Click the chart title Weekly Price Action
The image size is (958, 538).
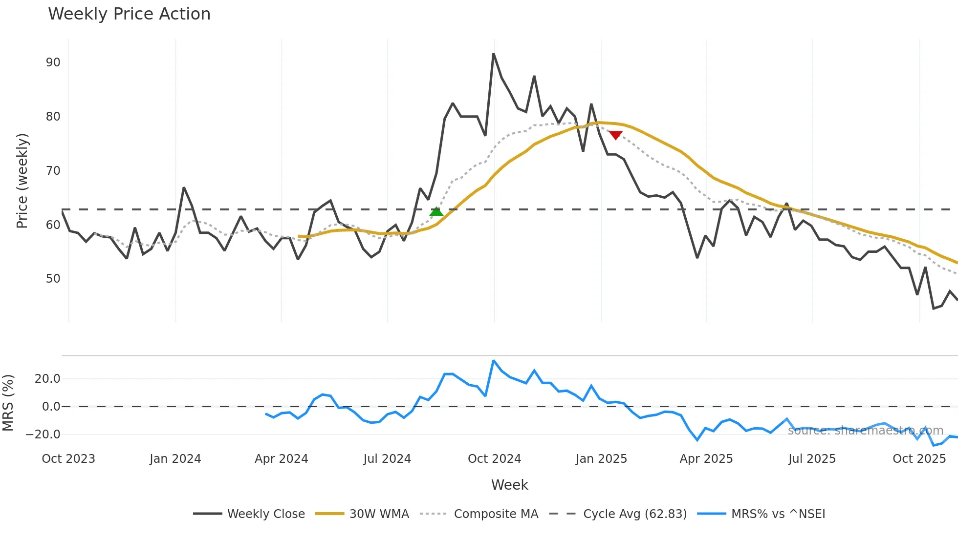point(129,14)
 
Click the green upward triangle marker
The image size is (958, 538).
point(436,211)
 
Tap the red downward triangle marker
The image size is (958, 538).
point(615,135)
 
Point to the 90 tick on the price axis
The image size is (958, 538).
point(53,62)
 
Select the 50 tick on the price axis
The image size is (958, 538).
point(53,279)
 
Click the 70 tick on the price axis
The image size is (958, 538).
point(53,171)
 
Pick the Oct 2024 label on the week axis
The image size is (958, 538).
point(494,459)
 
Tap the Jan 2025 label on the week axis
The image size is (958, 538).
point(601,459)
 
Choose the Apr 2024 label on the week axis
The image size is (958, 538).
point(281,459)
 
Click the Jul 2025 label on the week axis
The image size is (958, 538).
point(812,459)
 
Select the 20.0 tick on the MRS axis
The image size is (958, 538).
point(47,379)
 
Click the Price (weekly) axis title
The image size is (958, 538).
point(22,181)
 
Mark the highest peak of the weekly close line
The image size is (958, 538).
point(494,54)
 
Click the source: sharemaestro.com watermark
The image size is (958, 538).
point(865,431)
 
